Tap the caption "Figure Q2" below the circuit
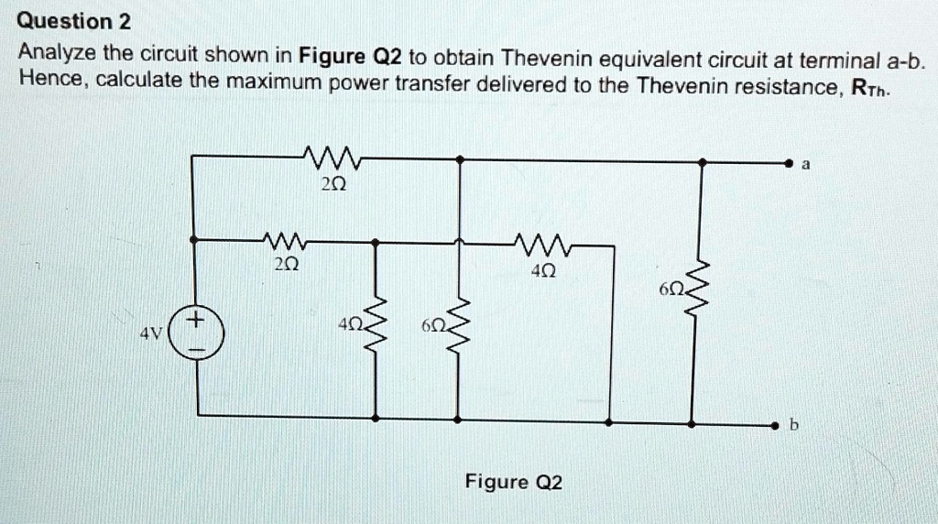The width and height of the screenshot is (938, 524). point(514,482)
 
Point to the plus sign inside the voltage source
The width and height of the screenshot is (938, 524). point(196,322)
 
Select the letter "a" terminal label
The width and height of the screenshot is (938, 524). point(805,165)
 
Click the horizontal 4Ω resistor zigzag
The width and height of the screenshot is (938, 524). point(543,244)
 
